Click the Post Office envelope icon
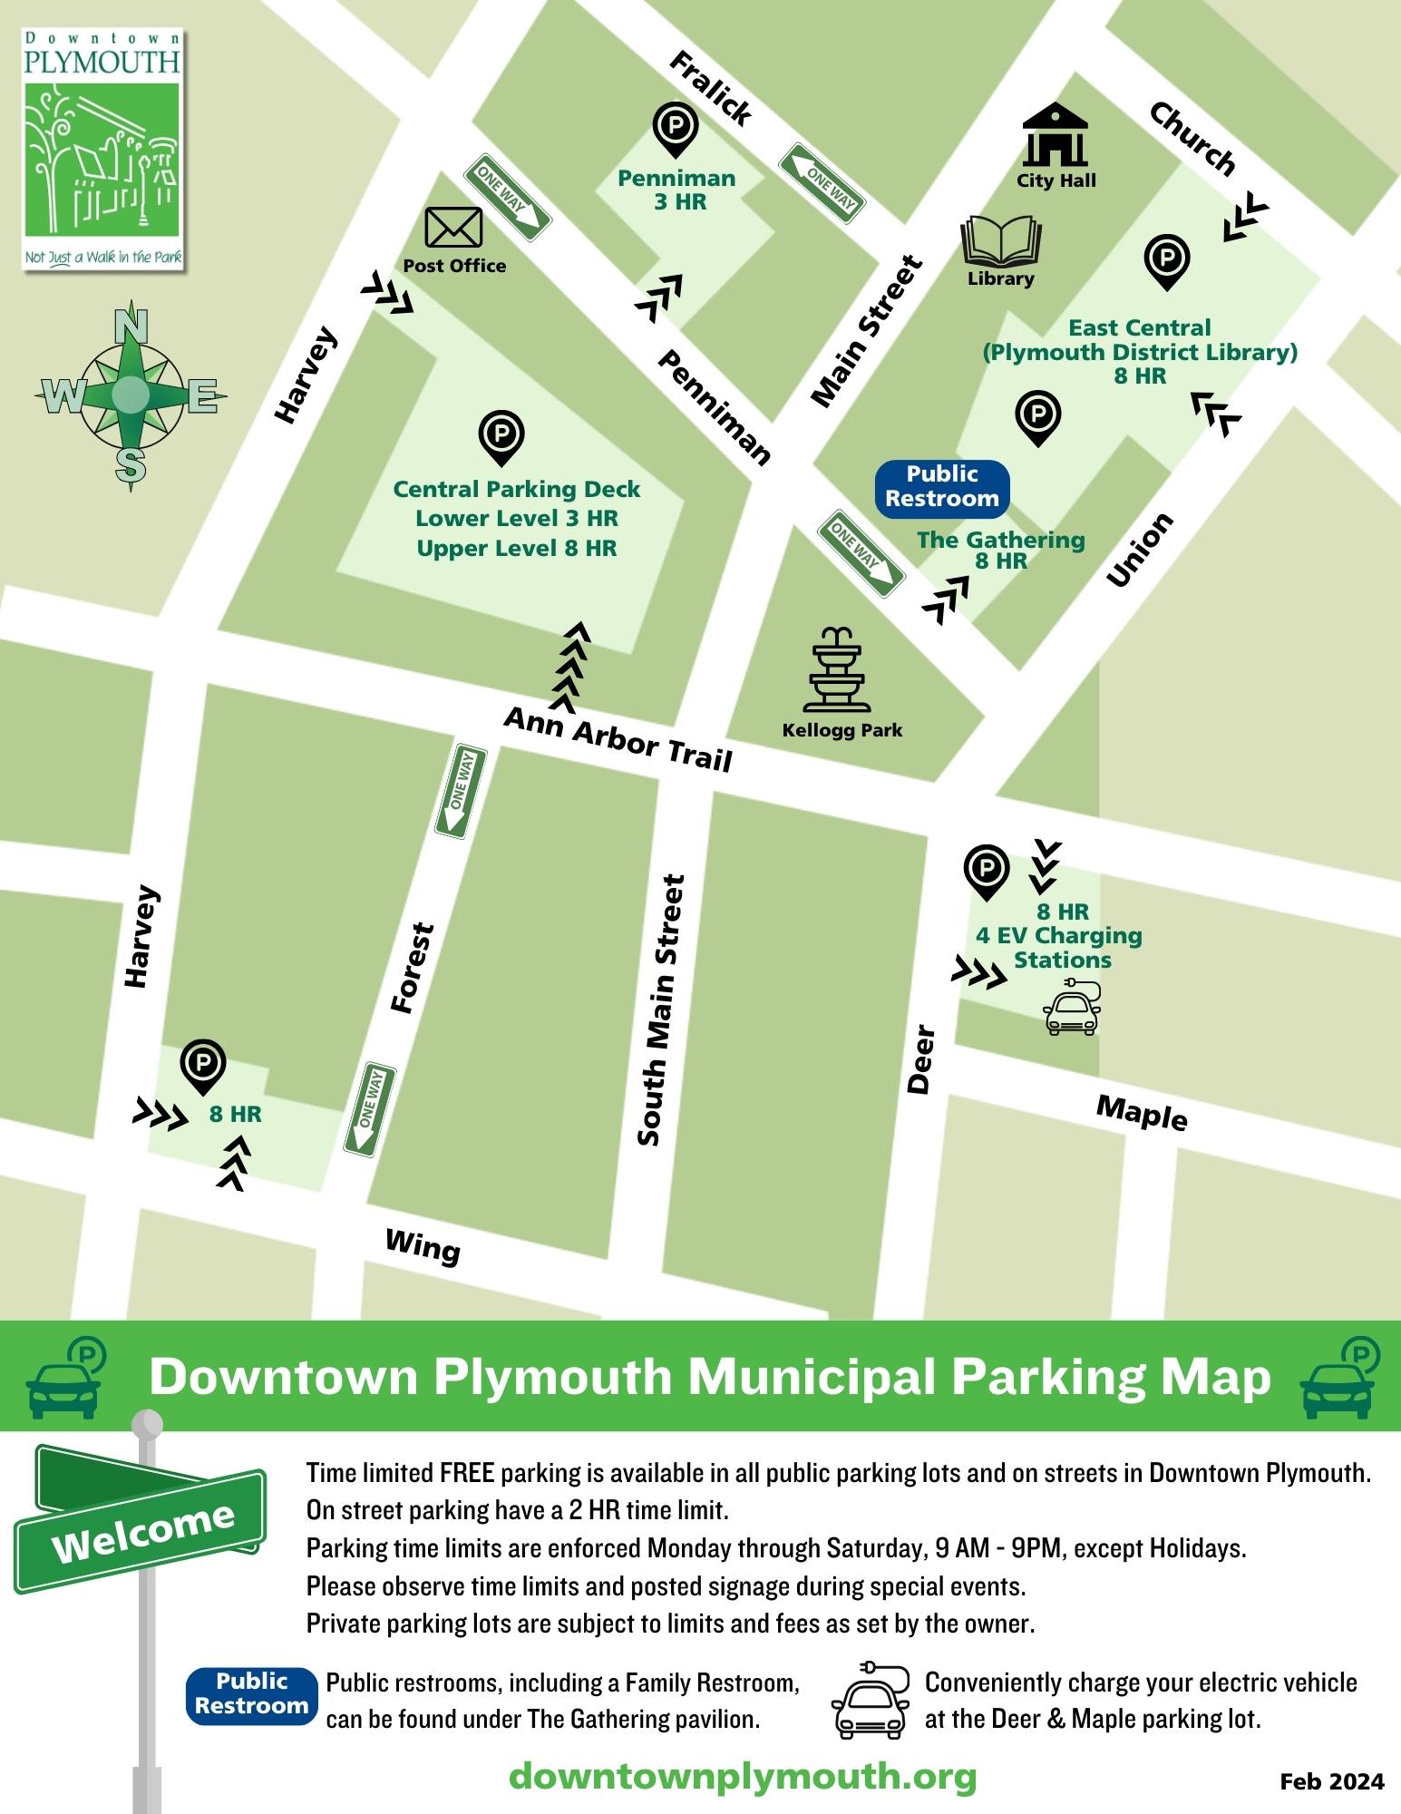[453, 228]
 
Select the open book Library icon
[1000, 241]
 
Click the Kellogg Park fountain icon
[836, 670]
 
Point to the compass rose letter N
[131, 324]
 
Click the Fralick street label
[710, 89]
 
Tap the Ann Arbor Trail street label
[618, 739]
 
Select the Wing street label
[423, 1247]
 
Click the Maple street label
[1142, 1113]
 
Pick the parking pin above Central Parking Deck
[501, 436]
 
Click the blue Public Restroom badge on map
[942, 487]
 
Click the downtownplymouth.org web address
[743, 1776]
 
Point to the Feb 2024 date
[1331, 1781]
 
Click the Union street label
[1140, 551]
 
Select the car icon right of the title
[1340, 1378]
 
